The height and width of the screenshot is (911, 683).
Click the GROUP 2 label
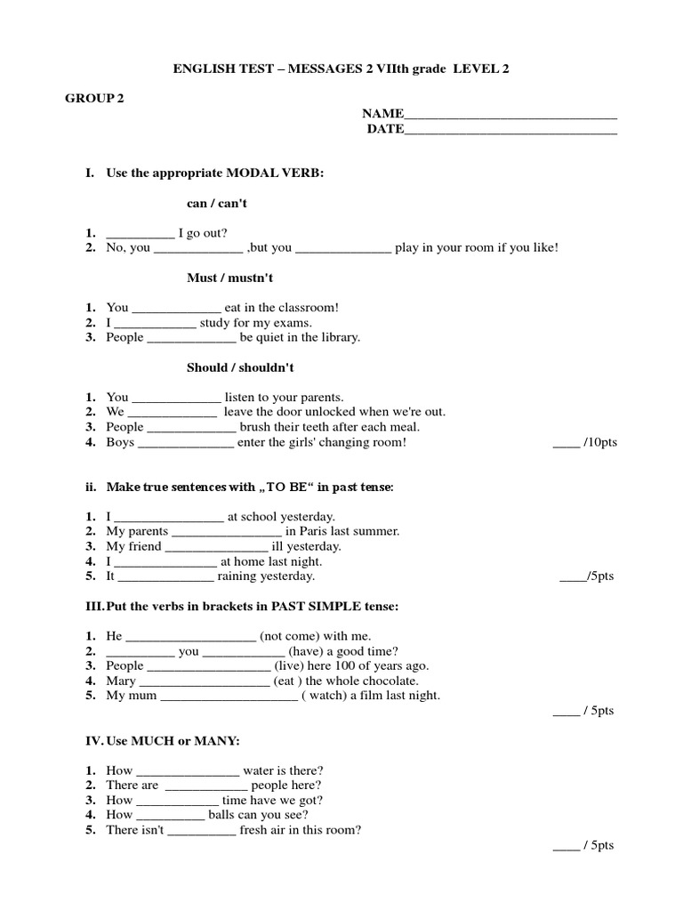[x=93, y=99]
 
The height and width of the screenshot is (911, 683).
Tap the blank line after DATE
[x=510, y=131]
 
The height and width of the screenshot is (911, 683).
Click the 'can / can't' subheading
[x=217, y=204]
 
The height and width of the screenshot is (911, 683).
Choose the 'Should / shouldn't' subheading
[x=240, y=367]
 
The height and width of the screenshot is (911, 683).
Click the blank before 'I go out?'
[x=141, y=235]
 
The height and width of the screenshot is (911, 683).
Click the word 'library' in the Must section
[x=339, y=338]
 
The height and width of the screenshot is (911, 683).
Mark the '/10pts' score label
[x=600, y=442]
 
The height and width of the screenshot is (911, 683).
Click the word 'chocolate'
[x=393, y=681]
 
